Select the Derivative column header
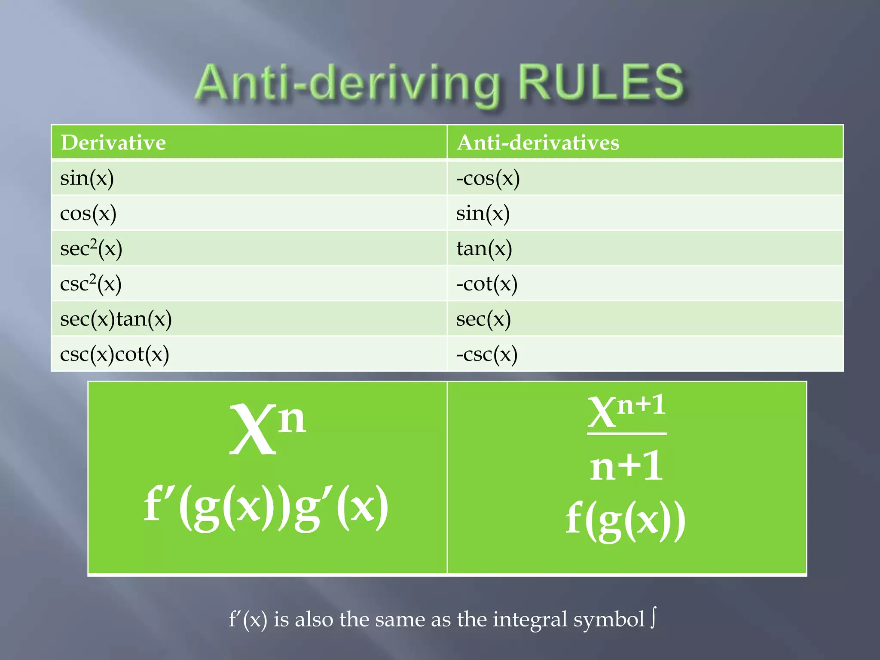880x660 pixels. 113,143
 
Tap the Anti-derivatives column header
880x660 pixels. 538,143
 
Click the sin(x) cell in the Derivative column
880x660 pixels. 87,178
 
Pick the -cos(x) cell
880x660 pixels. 488,178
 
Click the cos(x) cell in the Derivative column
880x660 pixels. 88,213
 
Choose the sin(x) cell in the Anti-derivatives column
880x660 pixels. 483,213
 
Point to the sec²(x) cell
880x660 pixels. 91,248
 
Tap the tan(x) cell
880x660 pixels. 484,248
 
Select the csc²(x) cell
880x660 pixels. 91,284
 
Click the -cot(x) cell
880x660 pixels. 487,284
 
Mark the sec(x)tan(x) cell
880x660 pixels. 116,319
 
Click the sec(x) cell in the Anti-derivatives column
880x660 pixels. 483,319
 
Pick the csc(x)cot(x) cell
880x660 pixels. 115,354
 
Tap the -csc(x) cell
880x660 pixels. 487,354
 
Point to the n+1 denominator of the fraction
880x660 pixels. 626,466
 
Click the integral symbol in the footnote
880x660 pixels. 653,619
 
